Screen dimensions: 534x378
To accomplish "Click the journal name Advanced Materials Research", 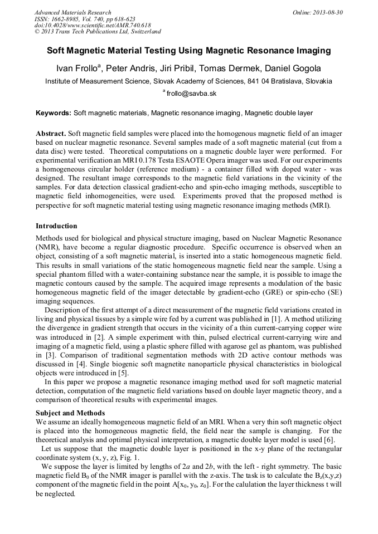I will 73,12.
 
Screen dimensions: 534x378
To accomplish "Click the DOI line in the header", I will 93,25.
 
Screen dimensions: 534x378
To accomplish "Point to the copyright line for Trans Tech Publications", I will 98,32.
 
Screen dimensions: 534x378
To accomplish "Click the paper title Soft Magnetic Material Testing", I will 188,51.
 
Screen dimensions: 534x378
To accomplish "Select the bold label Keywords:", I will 54,113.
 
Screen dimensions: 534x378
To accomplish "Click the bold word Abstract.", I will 50,134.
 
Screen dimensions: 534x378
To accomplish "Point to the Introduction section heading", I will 56,226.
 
